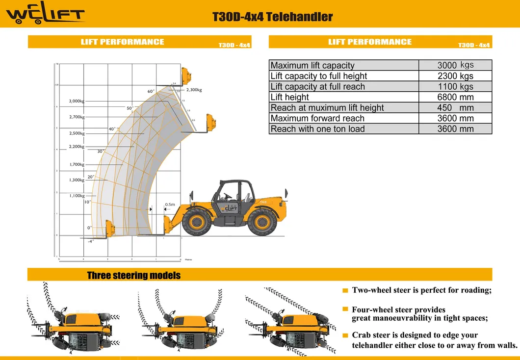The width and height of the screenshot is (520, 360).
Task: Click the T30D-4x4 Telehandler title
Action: [272, 17]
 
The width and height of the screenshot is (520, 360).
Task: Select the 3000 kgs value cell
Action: [455, 65]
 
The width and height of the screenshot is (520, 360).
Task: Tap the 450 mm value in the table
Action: [455, 108]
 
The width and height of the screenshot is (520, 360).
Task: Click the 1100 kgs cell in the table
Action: [455, 87]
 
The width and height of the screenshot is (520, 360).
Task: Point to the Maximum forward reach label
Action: [317, 118]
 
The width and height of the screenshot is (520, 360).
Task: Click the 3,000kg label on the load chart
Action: [77, 101]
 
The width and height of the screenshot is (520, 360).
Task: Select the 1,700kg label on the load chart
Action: [77, 164]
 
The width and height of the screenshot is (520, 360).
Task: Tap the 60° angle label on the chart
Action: [151, 91]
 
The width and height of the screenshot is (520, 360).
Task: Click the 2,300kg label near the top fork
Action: [194, 90]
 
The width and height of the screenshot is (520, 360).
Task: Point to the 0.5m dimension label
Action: [170, 205]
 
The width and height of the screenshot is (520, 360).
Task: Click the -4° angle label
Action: [91, 241]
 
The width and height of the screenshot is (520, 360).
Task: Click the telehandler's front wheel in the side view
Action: [197, 221]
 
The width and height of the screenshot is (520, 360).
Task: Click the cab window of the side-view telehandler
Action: [229, 191]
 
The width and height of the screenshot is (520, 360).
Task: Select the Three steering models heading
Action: [133, 275]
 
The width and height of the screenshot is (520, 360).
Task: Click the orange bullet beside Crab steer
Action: [345, 336]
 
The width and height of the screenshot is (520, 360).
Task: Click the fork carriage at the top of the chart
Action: [186, 77]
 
